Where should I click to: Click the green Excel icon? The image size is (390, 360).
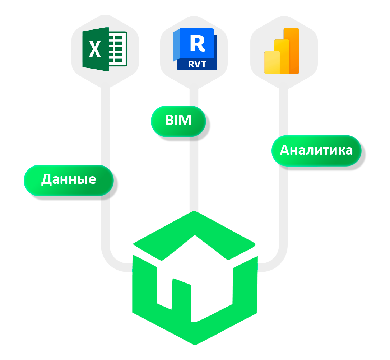click(105, 49)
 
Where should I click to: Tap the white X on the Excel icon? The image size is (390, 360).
click(95, 49)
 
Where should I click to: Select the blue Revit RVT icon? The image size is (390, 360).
click(195, 49)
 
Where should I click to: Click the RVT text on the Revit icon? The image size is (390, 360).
click(197, 64)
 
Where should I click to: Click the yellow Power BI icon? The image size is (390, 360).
click(282, 51)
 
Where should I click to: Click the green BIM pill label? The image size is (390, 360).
click(178, 120)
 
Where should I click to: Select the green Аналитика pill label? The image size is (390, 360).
click(316, 150)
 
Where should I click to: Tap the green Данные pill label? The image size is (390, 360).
click(69, 179)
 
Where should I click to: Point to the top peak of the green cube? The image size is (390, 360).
click(195, 213)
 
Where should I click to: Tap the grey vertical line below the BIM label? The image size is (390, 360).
click(194, 172)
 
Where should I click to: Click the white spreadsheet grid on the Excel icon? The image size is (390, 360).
click(118, 49)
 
